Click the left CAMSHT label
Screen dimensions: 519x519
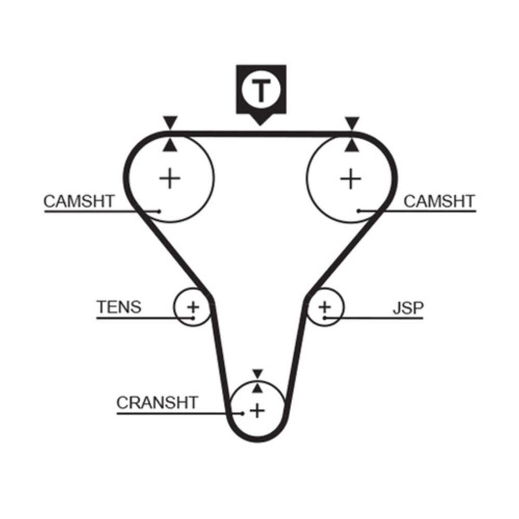79,201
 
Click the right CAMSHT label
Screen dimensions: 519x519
439,201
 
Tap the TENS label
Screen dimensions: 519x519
119,307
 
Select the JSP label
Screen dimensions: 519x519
408,308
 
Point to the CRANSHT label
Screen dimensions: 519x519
157,403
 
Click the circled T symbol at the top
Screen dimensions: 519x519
261,89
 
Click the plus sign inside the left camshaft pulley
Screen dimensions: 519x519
170,179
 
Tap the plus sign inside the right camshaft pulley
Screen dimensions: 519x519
351,179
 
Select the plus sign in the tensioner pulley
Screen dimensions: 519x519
193,307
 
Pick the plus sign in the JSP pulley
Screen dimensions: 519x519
325,307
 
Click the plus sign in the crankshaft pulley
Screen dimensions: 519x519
257,411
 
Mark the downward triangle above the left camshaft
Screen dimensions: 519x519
170,122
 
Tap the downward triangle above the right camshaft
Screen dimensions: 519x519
352,123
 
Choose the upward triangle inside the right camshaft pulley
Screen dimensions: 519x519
351,145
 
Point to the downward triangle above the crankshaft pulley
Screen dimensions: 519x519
257,374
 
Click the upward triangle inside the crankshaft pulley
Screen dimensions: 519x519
257,388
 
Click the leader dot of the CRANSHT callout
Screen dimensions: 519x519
242,414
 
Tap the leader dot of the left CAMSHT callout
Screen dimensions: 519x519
159,211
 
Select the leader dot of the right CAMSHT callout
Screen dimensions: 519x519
359,211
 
